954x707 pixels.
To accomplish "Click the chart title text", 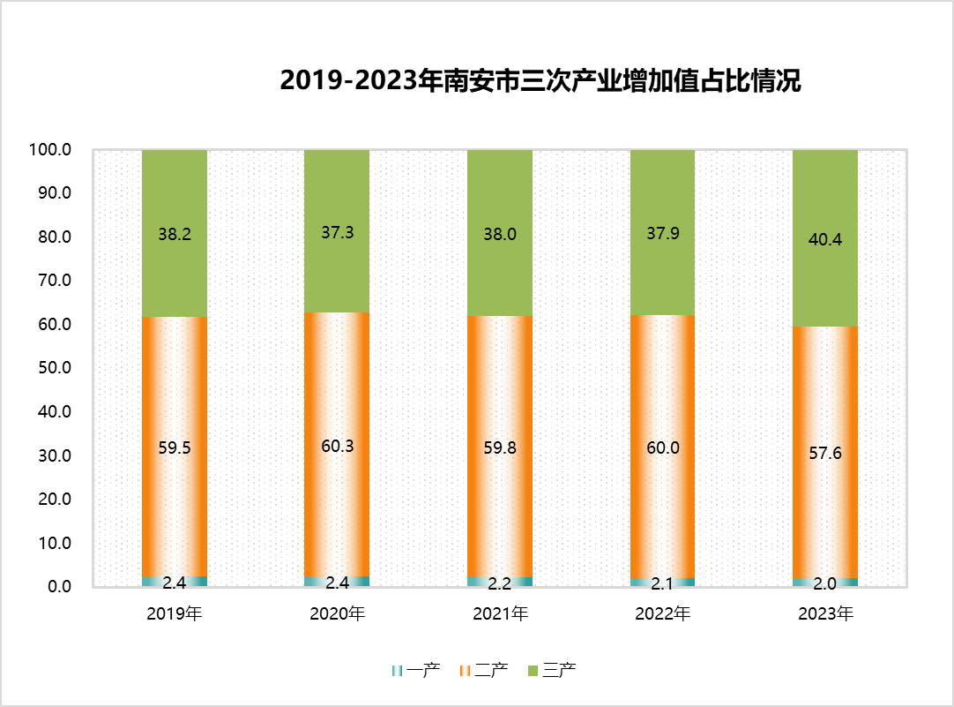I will tap(540, 80).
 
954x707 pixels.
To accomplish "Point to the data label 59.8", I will tap(500, 448).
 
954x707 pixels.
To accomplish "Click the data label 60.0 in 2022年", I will tap(662, 448).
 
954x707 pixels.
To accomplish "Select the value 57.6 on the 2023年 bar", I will tap(825, 454).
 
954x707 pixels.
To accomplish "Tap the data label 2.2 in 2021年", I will tap(500, 583).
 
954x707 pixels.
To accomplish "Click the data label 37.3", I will tap(337, 233).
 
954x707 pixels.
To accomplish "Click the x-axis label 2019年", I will tap(175, 613).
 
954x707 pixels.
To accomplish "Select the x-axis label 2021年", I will tap(500, 613).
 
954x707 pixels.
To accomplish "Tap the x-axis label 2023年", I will tap(825, 613).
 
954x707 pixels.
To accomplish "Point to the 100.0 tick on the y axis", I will tap(50, 150).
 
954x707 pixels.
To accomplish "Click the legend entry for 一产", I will tap(414, 671).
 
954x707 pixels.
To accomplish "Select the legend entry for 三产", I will tap(552, 671).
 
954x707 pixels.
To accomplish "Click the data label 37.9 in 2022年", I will tap(662, 234).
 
